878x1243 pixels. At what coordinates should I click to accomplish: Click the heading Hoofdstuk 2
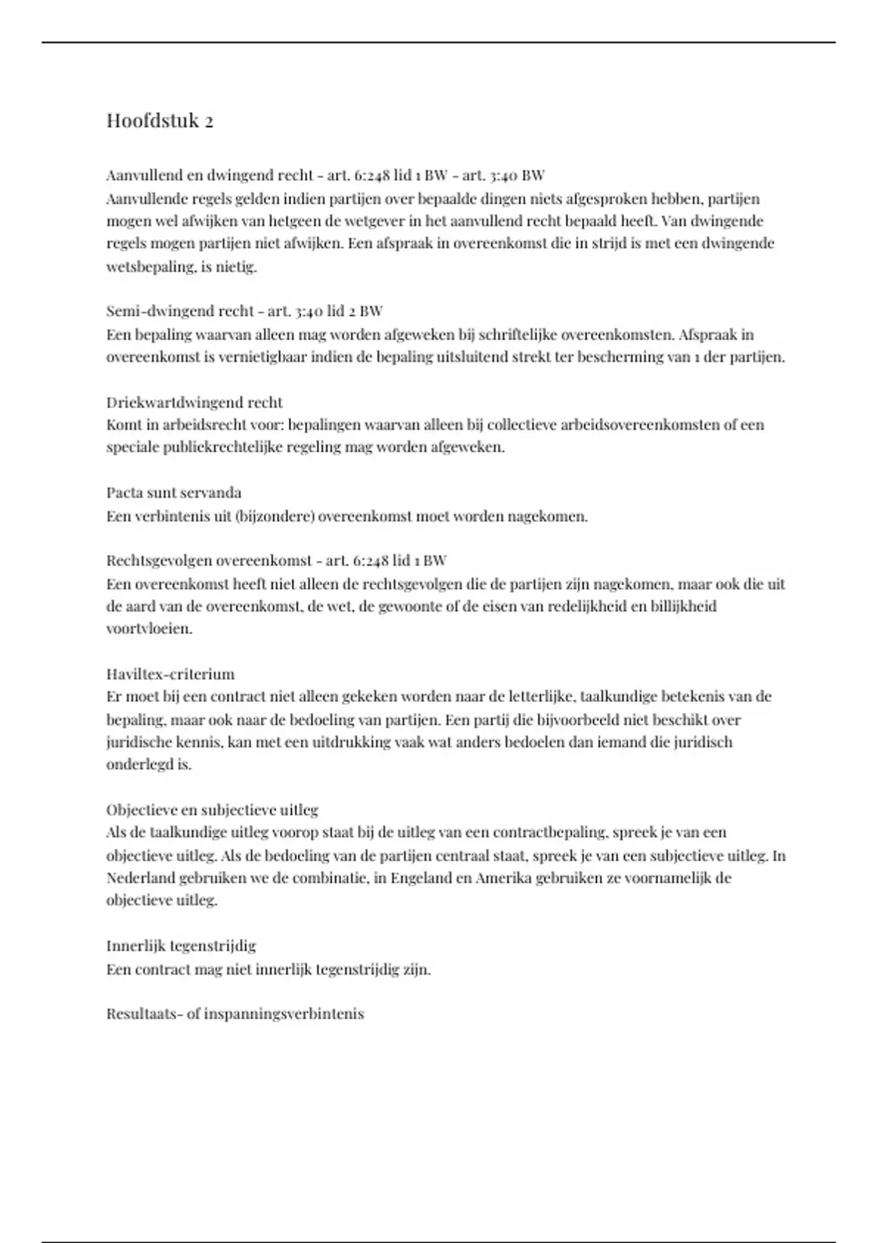pos(160,121)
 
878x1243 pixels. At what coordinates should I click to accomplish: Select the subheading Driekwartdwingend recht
pos(194,402)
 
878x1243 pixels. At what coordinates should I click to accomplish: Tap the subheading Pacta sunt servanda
pos(173,493)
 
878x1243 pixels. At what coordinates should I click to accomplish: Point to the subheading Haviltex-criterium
pos(170,673)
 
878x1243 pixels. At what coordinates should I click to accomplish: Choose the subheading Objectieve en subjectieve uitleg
pos(212,809)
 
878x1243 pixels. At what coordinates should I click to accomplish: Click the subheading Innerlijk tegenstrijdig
pos(181,945)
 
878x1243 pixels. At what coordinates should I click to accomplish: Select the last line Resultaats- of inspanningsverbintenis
pos(235,1014)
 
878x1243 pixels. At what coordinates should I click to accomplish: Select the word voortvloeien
pos(149,629)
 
